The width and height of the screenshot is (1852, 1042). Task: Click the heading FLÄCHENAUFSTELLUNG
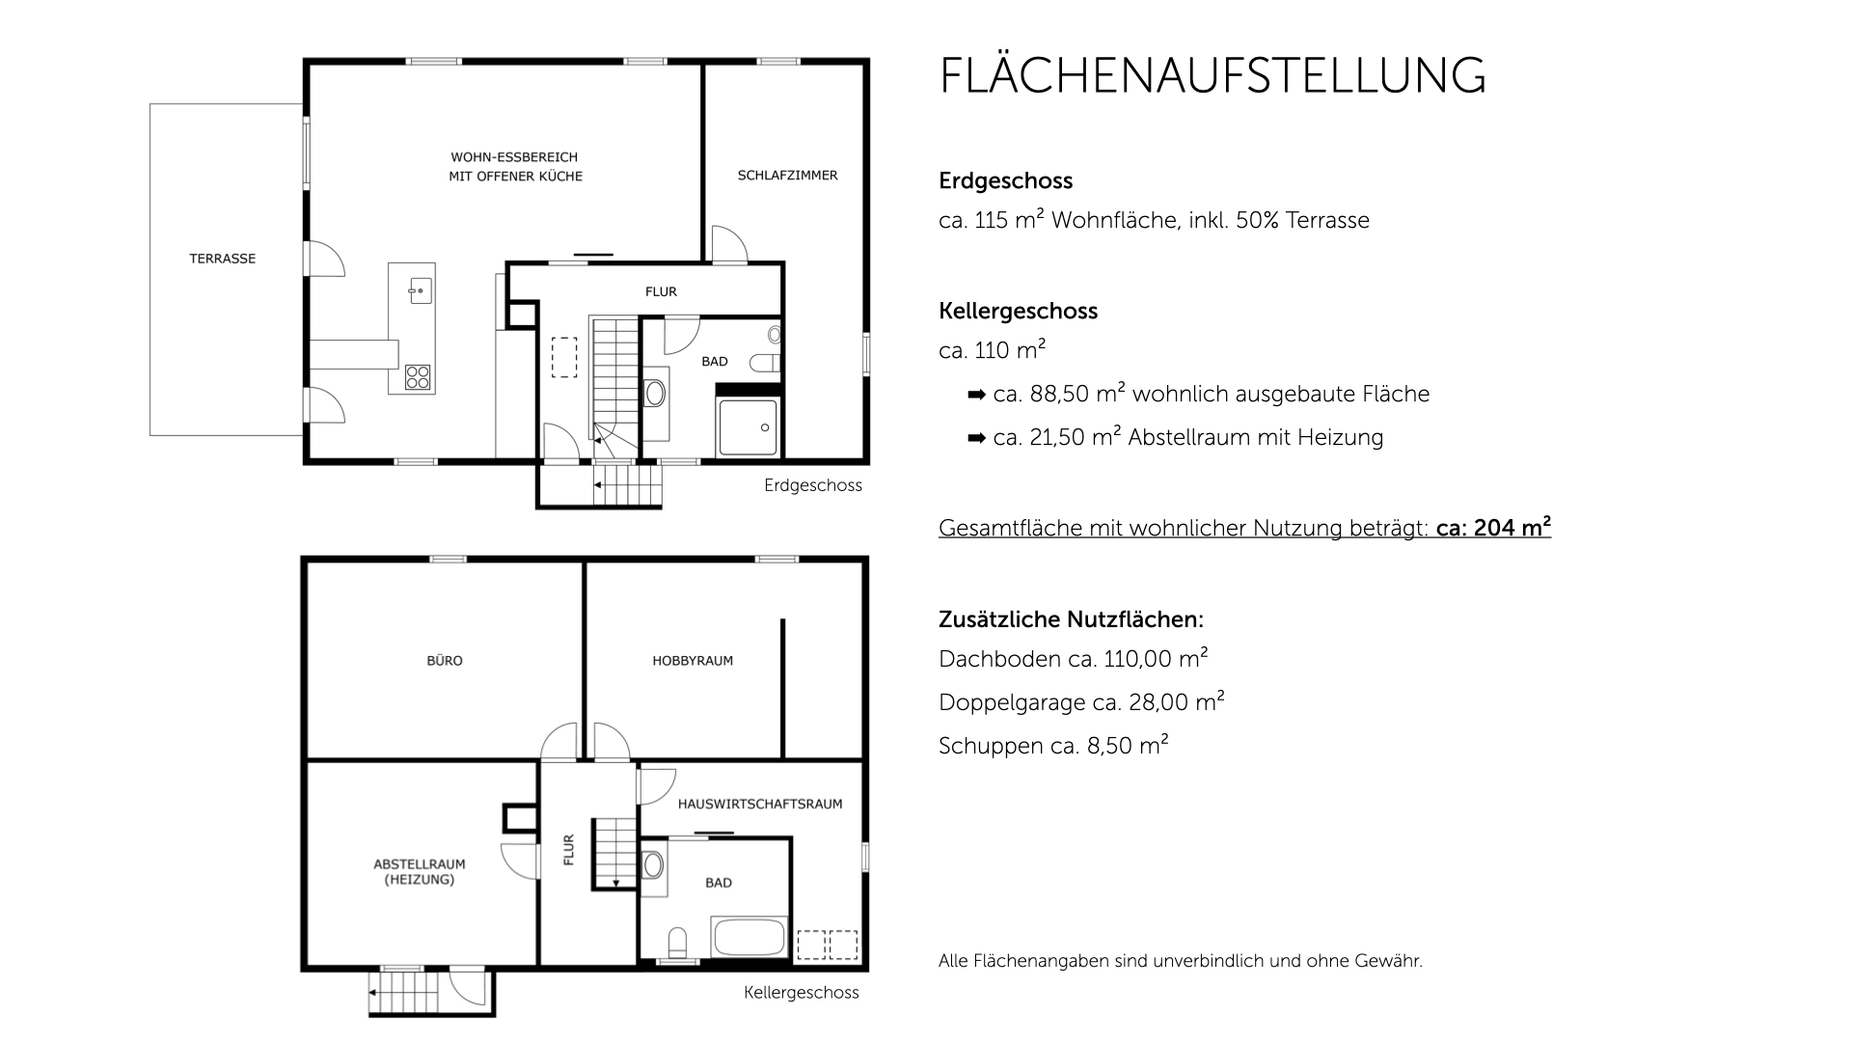[1212, 75]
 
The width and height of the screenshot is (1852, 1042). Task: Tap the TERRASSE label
[222, 259]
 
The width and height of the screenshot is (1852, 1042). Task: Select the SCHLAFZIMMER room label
[787, 176]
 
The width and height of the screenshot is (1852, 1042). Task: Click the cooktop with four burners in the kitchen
[418, 376]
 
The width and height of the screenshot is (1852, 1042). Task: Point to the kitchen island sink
[420, 289]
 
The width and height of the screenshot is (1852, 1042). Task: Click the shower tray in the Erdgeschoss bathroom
[748, 426]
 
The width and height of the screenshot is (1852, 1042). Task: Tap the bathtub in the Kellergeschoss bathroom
[749, 938]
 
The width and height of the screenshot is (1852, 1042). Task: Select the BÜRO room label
[445, 661]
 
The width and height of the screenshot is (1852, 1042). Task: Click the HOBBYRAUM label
[693, 661]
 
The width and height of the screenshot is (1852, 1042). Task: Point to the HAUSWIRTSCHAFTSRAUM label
[760, 804]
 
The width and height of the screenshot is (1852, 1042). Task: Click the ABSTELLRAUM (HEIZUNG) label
[420, 872]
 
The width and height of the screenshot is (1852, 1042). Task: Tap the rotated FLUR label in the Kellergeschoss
[568, 849]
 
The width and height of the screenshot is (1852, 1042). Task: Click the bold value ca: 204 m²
[1493, 528]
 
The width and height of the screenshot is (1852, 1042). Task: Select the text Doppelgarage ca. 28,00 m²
[1080, 702]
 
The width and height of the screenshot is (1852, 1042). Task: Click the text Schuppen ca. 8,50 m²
[1052, 746]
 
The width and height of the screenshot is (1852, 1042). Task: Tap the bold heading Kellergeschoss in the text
[1018, 311]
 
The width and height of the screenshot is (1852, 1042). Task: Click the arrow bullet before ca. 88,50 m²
[976, 395]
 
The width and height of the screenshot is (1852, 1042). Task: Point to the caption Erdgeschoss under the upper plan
[812, 485]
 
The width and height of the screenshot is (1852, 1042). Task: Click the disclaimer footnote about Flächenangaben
[1180, 961]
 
